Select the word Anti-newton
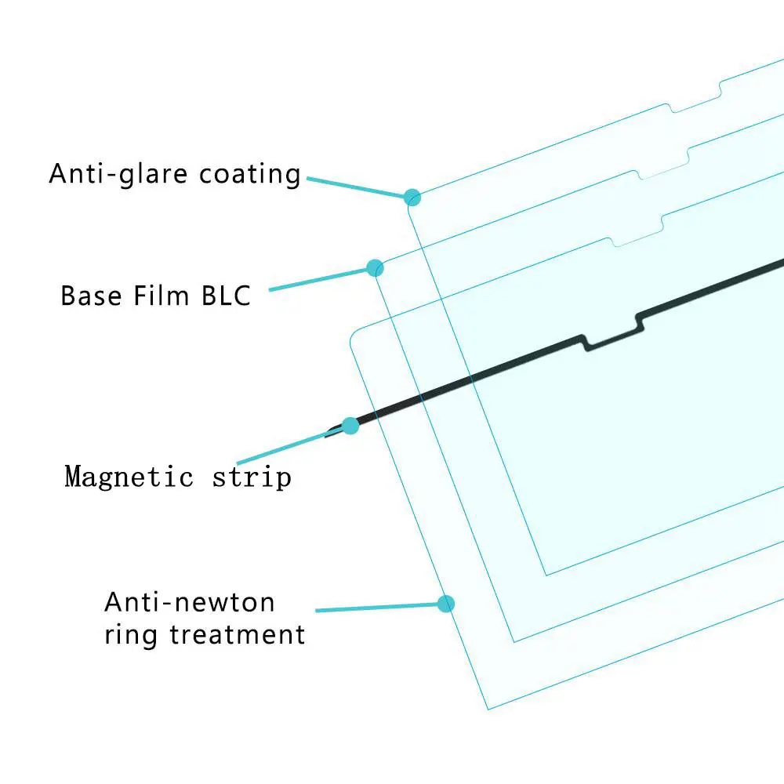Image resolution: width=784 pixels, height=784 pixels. [x=190, y=602]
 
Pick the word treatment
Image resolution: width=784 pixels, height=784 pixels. [x=237, y=633]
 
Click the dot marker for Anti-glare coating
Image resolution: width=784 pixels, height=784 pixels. [x=413, y=197]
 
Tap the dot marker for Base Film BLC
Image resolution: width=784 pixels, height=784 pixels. [x=376, y=268]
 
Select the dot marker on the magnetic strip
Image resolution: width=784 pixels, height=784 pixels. [x=350, y=426]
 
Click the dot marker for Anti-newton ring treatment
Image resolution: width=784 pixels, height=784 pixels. [x=446, y=603]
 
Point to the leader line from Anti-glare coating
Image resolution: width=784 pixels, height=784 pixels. [x=357, y=187]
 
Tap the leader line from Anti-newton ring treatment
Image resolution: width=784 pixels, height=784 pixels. [x=376, y=607]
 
